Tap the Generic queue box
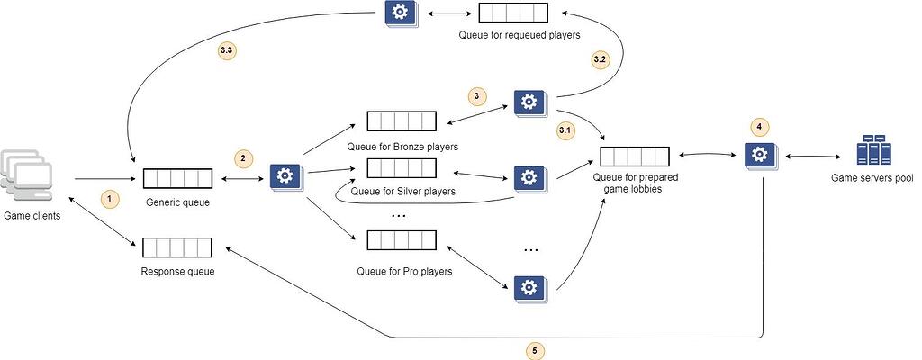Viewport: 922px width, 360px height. click(x=177, y=177)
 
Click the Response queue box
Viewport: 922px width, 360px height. click(x=177, y=247)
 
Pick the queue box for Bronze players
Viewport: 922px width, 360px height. click(x=402, y=121)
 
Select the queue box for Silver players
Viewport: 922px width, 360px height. click(x=402, y=168)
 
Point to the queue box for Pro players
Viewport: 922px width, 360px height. click(x=402, y=242)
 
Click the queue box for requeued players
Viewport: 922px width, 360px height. click(x=512, y=13)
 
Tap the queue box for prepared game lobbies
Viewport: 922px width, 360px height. click(x=635, y=156)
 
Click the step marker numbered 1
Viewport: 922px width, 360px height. click(x=109, y=197)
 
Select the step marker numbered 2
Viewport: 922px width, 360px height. click(x=243, y=158)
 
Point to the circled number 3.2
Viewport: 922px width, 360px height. click(x=601, y=59)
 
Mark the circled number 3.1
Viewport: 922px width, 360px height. click(x=565, y=130)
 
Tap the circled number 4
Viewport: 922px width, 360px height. click(x=759, y=127)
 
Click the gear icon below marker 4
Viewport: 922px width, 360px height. click(x=758, y=156)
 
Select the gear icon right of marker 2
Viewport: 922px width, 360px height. click(x=285, y=175)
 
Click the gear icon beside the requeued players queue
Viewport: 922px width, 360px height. click(x=397, y=13)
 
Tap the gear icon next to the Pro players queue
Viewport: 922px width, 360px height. click(x=529, y=287)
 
